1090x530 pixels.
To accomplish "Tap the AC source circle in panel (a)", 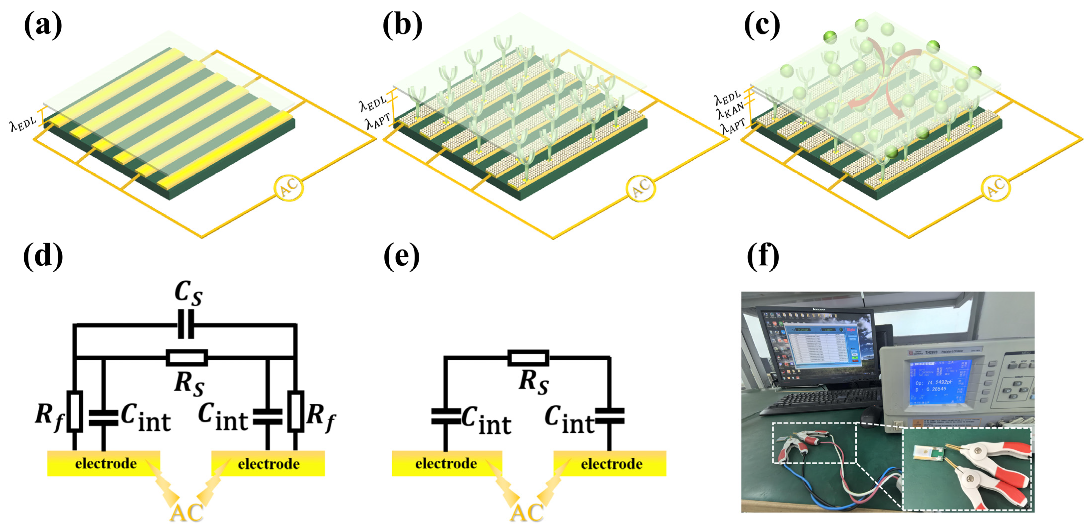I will pyautogui.click(x=289, y=187).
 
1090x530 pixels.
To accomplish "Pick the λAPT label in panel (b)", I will pyautogui.click(x=378, y=121).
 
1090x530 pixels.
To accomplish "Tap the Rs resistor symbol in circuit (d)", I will pyautogui.click(x=187, y=357).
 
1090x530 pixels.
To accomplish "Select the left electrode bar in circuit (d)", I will pyautogui.click(x=104, y=464).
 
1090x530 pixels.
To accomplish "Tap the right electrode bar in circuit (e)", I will pyautogui.click(x=610, y=464).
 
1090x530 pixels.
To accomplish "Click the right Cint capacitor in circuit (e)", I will pyautogui.click(x=609, y=416).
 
